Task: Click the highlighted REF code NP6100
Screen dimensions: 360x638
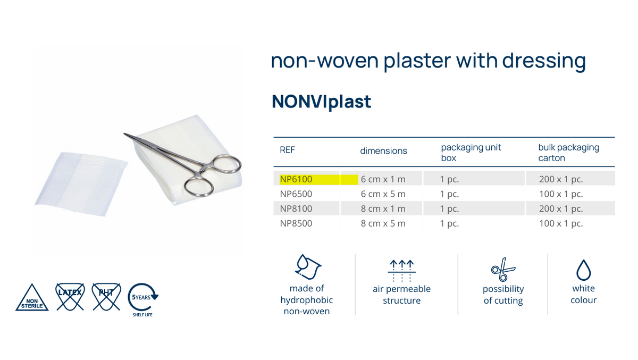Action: pyautogui.click(x=296, y=179)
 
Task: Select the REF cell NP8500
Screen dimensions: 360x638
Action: pyautogui.click(x=296, y=223)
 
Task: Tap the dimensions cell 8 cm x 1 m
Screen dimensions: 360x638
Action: pyautogui.click(x=383, y=208)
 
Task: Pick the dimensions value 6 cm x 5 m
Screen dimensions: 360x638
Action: pyautogui.click(x=383, y=194)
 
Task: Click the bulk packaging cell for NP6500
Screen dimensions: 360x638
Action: pyautogui.click(x=561, y=194)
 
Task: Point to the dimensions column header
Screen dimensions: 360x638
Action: pyautogui.click(x=383, y=151)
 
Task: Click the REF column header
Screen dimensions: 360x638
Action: pyautogui.click(x=287, y=150)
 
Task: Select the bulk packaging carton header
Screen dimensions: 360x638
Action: pyautogui.click(x=568, y=153)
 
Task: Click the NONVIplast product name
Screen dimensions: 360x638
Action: pyautogui.click(x=321, y=101)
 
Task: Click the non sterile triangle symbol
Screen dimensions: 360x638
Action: pyautogui.click(x=32, y=298)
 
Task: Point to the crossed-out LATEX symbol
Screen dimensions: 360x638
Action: pyautogui.click(x=70, y=296)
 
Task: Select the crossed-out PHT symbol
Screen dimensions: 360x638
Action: pyautogui.click(x=106, y=296)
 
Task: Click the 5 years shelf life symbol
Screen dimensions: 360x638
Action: pyautogui.click(x=142, y=297)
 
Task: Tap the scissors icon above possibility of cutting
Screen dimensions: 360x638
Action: pyautogui.click(x=502, y=270)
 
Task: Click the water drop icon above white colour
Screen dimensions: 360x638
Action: pyautogui.click(x=584, y=270)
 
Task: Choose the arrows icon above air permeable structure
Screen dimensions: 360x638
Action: pyautogui.click(x=401, y=270)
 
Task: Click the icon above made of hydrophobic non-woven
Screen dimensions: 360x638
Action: pyautogui.click(x=307, y=267)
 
